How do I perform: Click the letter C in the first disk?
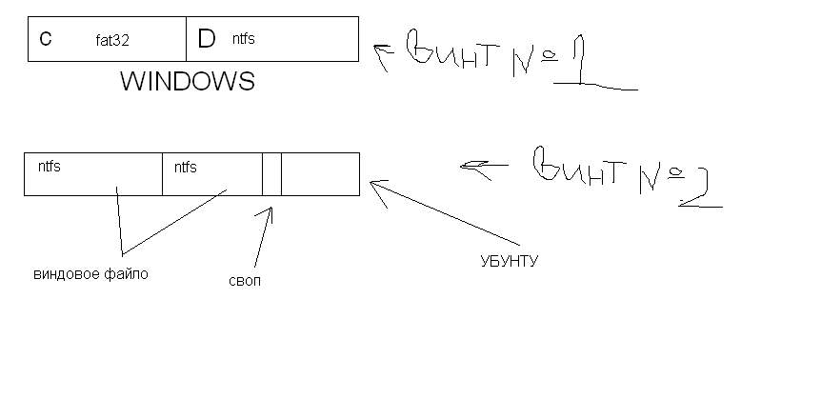coord(46,39)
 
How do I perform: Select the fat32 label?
coord(112,40)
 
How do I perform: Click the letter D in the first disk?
coord(206,39)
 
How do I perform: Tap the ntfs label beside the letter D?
coord(243,39)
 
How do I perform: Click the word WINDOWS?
coord(187,82)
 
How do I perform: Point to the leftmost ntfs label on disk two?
coord(50,167)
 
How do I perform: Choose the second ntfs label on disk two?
coord(185,167)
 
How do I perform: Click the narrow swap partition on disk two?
coord(271,173)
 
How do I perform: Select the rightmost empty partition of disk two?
coord(320,173)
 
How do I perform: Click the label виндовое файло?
coord(91,274)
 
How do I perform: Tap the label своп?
coord(245,282)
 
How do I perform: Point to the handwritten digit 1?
coord(584,67)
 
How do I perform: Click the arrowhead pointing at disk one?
coord(380,57)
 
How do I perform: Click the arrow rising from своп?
coord(264,233)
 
